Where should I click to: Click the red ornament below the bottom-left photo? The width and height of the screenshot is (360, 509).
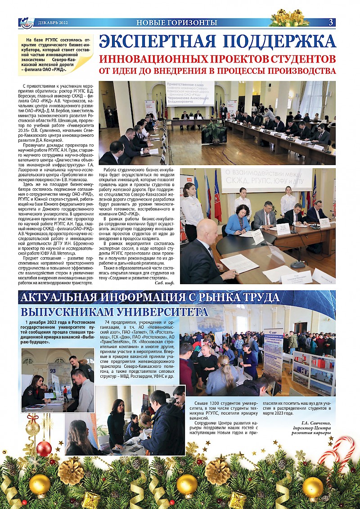[x=44, y=448]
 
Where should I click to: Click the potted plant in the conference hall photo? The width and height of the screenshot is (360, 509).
[x=213, y=131]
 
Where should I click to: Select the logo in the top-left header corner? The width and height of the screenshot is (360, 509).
[x=27, y=22]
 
